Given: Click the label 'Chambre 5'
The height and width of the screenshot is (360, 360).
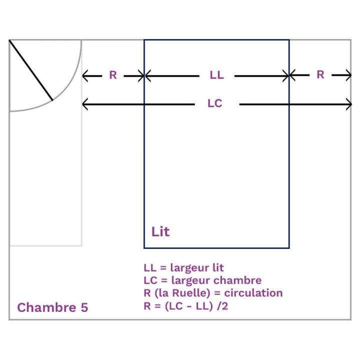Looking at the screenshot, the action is (x=52, y=307).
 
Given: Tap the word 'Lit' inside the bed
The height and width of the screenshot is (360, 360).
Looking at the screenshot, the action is (x=160, y=231).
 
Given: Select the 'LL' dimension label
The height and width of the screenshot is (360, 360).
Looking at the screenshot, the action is (x=216, y=75).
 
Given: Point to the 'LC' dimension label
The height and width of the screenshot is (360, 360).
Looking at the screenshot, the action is (x=215, y=103).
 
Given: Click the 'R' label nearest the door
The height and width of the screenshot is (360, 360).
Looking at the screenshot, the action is (x=113, y=75).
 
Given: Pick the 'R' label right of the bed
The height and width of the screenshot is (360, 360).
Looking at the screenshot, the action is (x=320, y=74).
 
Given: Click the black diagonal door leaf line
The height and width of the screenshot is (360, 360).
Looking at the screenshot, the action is (x=31, y=70).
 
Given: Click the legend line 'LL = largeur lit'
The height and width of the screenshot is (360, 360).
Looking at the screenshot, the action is (x=183, y=267).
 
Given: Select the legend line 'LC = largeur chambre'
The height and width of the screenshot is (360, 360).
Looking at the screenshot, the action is (x=202, y=280).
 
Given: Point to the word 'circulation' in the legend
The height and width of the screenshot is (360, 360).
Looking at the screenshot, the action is (x=253, y=293).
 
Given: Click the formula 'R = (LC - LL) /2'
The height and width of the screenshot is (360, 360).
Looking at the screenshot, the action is (x=186, y=306).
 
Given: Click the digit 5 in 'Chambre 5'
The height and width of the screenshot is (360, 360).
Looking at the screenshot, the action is (x=84, y=307).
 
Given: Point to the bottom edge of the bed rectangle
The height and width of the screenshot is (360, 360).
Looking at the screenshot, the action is (x=216, y=248).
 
